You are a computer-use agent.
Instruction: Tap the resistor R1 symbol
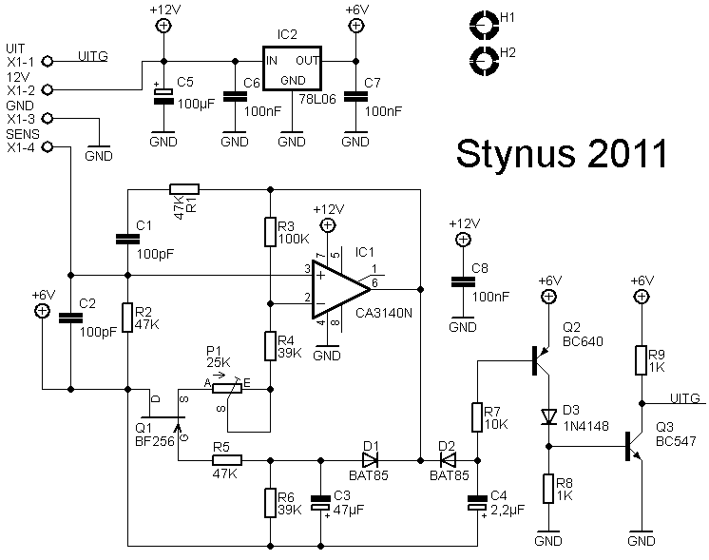click(x=184, y=189)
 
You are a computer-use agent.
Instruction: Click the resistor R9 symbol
click(x=641, y=360)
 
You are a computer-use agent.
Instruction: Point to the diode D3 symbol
click(x=549, y=416)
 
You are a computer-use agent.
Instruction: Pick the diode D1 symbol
click(x=370, y=460)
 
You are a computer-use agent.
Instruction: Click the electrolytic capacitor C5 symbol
click(x=163, y=96)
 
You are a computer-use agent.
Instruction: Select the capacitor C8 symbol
click(x=463, y=282)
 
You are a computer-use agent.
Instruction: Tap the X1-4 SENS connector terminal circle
click(x=47, y=147)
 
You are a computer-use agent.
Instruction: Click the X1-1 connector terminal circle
click(x=47, y=62)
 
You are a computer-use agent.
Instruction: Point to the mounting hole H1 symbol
click(x=484, y=25)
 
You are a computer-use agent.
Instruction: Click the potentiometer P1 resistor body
click(x=227, y=389)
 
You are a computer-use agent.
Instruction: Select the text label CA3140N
click(x=384, y=313)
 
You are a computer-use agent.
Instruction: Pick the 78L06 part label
click(x=317, y=99)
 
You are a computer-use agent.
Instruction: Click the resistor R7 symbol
click(x=477, y=417)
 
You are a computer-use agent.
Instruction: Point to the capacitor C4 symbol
click(x=477, y=503)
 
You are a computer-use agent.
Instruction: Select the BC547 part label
click(x=676, y=441)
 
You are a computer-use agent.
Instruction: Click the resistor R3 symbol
click(x=270, y=232)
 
